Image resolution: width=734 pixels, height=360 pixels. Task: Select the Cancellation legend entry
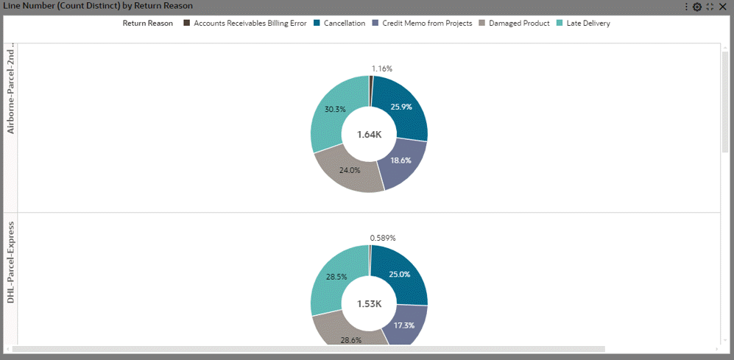pos(345,23)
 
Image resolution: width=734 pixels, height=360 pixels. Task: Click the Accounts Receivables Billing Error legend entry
pos(250,23)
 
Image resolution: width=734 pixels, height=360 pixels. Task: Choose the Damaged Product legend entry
pos(519,23)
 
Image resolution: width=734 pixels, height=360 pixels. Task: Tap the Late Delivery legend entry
pos(587,23)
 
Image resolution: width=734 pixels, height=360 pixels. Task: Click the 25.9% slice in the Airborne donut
pos(400,107)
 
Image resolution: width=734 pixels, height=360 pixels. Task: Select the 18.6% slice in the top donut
pos(400,160)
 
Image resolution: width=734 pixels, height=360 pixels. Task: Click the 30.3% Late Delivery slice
pos(335,110)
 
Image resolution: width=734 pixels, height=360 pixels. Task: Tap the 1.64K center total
pos(370,135)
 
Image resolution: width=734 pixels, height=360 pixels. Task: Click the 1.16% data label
pos(382,68)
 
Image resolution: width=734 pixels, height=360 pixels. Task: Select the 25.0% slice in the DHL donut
pos(400,274)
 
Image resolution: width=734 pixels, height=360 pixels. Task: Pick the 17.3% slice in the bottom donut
pos(403,325)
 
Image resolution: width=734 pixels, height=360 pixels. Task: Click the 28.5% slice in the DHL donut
pos(335,278)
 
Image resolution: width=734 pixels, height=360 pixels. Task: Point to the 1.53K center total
pos(370,304)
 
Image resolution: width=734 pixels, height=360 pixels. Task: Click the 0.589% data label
pos(383,238)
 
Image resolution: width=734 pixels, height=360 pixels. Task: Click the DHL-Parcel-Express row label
pos(11,272)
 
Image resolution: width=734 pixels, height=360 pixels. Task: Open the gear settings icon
pos(697,7)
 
